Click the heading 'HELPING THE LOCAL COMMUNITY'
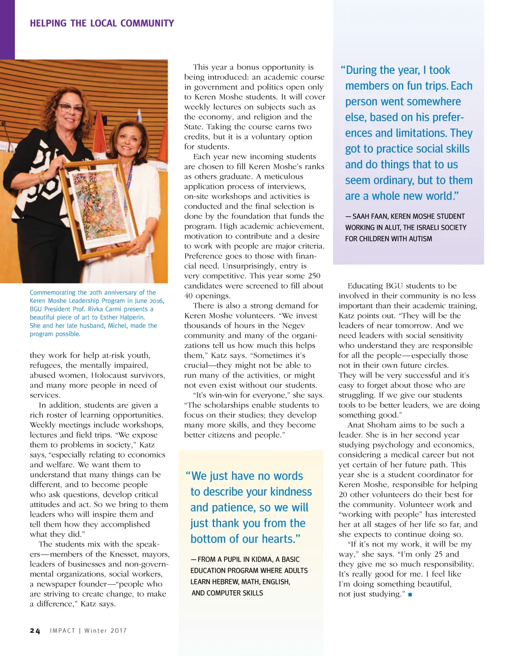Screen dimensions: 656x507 pyautogui.click(x=101, y=23)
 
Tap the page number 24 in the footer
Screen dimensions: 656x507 pyautogui.click(x=35, y=631)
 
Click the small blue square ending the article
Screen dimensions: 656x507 pyautogui.click(x=410, y=594)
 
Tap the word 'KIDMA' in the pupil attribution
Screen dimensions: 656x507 pyautogui.click(x=261, y=559)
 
